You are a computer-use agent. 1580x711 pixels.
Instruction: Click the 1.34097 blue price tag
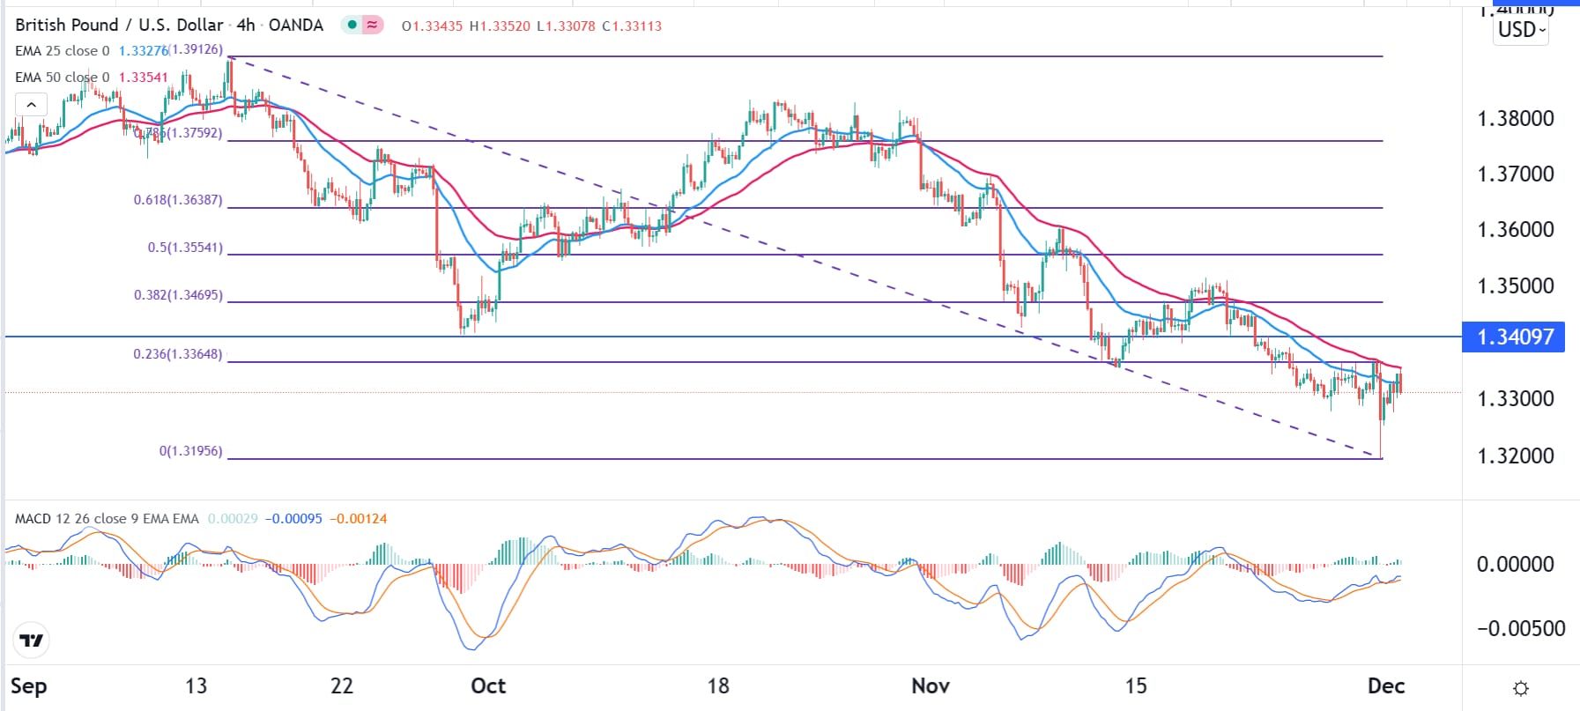coord(1513,337)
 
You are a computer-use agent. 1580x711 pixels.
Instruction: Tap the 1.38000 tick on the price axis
coord(1515,119)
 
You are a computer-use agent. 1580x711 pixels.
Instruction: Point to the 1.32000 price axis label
coord(1515,456)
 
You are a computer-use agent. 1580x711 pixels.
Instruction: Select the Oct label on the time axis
coord(488,685)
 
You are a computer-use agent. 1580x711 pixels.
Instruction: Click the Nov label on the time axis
coord(931,685)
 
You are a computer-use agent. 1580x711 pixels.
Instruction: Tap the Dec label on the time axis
coord(1385,685)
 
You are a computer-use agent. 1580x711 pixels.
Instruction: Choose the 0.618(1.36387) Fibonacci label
coord(178,200)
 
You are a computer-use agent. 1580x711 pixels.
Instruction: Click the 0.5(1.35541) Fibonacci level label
coord(185,248)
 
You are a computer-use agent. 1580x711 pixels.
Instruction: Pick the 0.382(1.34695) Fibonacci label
coord(178,295)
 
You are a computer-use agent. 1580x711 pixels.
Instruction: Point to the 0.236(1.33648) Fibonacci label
coord(178,354)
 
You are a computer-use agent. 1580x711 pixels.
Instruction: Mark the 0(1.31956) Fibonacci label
coord(190,451)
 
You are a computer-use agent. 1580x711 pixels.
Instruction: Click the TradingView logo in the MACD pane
coord(32,641)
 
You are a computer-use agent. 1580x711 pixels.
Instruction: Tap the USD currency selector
coord(1521,30)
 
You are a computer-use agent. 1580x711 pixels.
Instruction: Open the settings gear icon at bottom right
coord(1520,688)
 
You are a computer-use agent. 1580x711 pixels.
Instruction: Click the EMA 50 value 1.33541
coord(144,78)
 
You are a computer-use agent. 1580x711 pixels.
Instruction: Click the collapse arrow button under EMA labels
coord(31,106)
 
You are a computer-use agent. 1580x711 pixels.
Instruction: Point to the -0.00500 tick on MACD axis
coord(1515,628)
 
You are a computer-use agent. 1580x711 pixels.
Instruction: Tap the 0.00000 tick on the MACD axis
coord(1515,564)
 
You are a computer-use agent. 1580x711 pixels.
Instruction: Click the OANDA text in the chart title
coord(296,26)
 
